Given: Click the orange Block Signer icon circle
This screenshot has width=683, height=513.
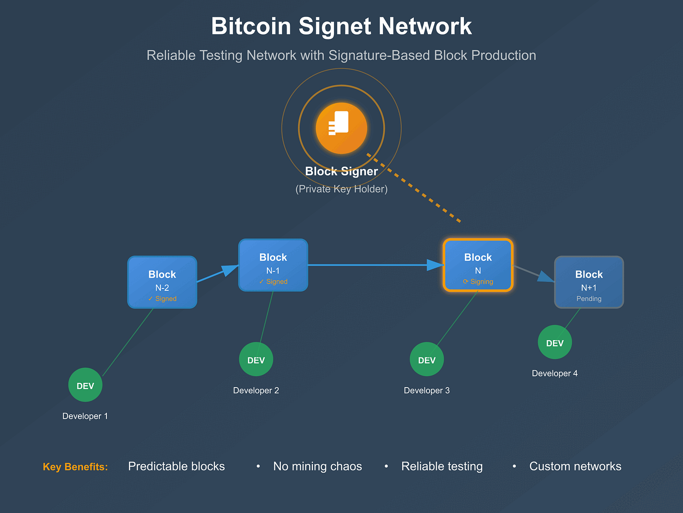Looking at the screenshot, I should click(x=341, y=128).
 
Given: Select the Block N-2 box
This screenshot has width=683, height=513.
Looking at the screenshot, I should click(x=162, y=282).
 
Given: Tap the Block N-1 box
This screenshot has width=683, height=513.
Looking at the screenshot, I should click(x=273, y=265).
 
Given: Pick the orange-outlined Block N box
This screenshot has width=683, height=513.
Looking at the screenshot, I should click(x=478, y=265).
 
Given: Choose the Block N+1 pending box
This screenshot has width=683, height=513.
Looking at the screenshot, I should click(x=589, y=282).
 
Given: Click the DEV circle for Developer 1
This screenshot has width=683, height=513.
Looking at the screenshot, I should click(x=85, y=385).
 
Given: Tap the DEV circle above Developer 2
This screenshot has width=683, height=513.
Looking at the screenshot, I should click(x=256, y=359).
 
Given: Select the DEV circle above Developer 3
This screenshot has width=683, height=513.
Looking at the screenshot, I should click(x=427, y=359).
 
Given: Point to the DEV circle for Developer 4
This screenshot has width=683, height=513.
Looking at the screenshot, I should click(x=554, y=342).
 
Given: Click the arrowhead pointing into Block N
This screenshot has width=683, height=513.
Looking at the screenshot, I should click(x=435, y=265).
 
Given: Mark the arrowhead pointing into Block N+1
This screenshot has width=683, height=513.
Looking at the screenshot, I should click(x=546, y=277).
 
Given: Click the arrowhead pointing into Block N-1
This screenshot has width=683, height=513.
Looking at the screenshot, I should click(x=230, y=270).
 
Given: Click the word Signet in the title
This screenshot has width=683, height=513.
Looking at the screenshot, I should click(x=335, y=26).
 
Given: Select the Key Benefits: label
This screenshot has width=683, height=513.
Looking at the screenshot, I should click(x=76, y=466).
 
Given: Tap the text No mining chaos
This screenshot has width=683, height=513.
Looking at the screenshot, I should click(x=318, y=466).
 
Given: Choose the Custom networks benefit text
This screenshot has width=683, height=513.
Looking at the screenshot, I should click(x=575, y=466).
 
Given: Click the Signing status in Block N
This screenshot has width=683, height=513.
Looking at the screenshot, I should click(x=478, y=281).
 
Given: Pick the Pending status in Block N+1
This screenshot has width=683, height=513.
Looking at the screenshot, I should click(x=589, y=298).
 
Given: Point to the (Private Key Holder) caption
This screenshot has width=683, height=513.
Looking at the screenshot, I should click(x=341, y=189).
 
